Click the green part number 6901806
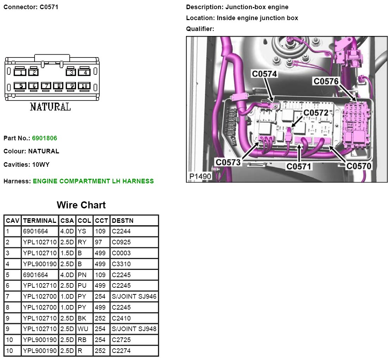pos(44,138)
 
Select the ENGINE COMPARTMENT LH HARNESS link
pos(93,181)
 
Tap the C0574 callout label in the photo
pos(264,74)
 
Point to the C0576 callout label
pos(326,81)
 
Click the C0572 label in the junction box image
pos(316,113)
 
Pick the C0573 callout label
pos(228,162)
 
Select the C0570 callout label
pos(359,166)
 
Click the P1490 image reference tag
pos(200,177)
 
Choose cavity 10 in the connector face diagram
pos(84,86)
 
